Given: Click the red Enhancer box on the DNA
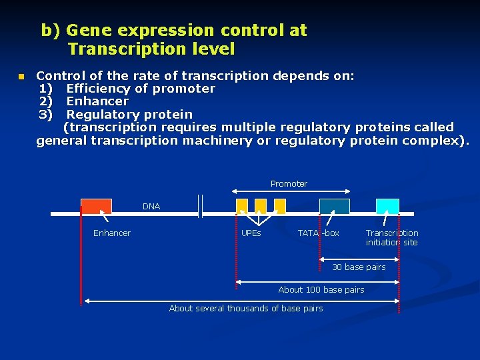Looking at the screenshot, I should coord(96,207).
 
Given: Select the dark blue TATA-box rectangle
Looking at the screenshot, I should coord(334,207).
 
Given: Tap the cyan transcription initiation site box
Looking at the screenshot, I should coord(387,207).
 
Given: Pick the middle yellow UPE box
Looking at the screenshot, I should coord(261,206).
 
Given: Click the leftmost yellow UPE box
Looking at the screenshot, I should coord(242,206).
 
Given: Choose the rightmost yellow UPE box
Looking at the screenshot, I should coord(280,206).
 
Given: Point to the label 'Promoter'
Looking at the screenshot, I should coord(289,184).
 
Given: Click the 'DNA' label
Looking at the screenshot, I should coord(151,207).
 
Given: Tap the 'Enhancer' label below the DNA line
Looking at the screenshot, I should coord(112,233).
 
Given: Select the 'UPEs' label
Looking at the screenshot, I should coord(251,233).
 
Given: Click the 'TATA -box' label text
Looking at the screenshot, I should coord(318,233).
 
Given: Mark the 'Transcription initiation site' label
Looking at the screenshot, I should coord(392,238).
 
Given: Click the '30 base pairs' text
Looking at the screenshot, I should coord(359,267).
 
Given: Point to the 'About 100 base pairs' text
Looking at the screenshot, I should coord(321,290).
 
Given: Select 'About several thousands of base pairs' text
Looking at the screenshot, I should coord(246,309).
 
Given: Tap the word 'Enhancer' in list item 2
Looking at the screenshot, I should coord(97,101).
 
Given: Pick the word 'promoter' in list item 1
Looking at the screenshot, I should coord(184,89).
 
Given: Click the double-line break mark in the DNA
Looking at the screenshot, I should coord(200,207).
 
